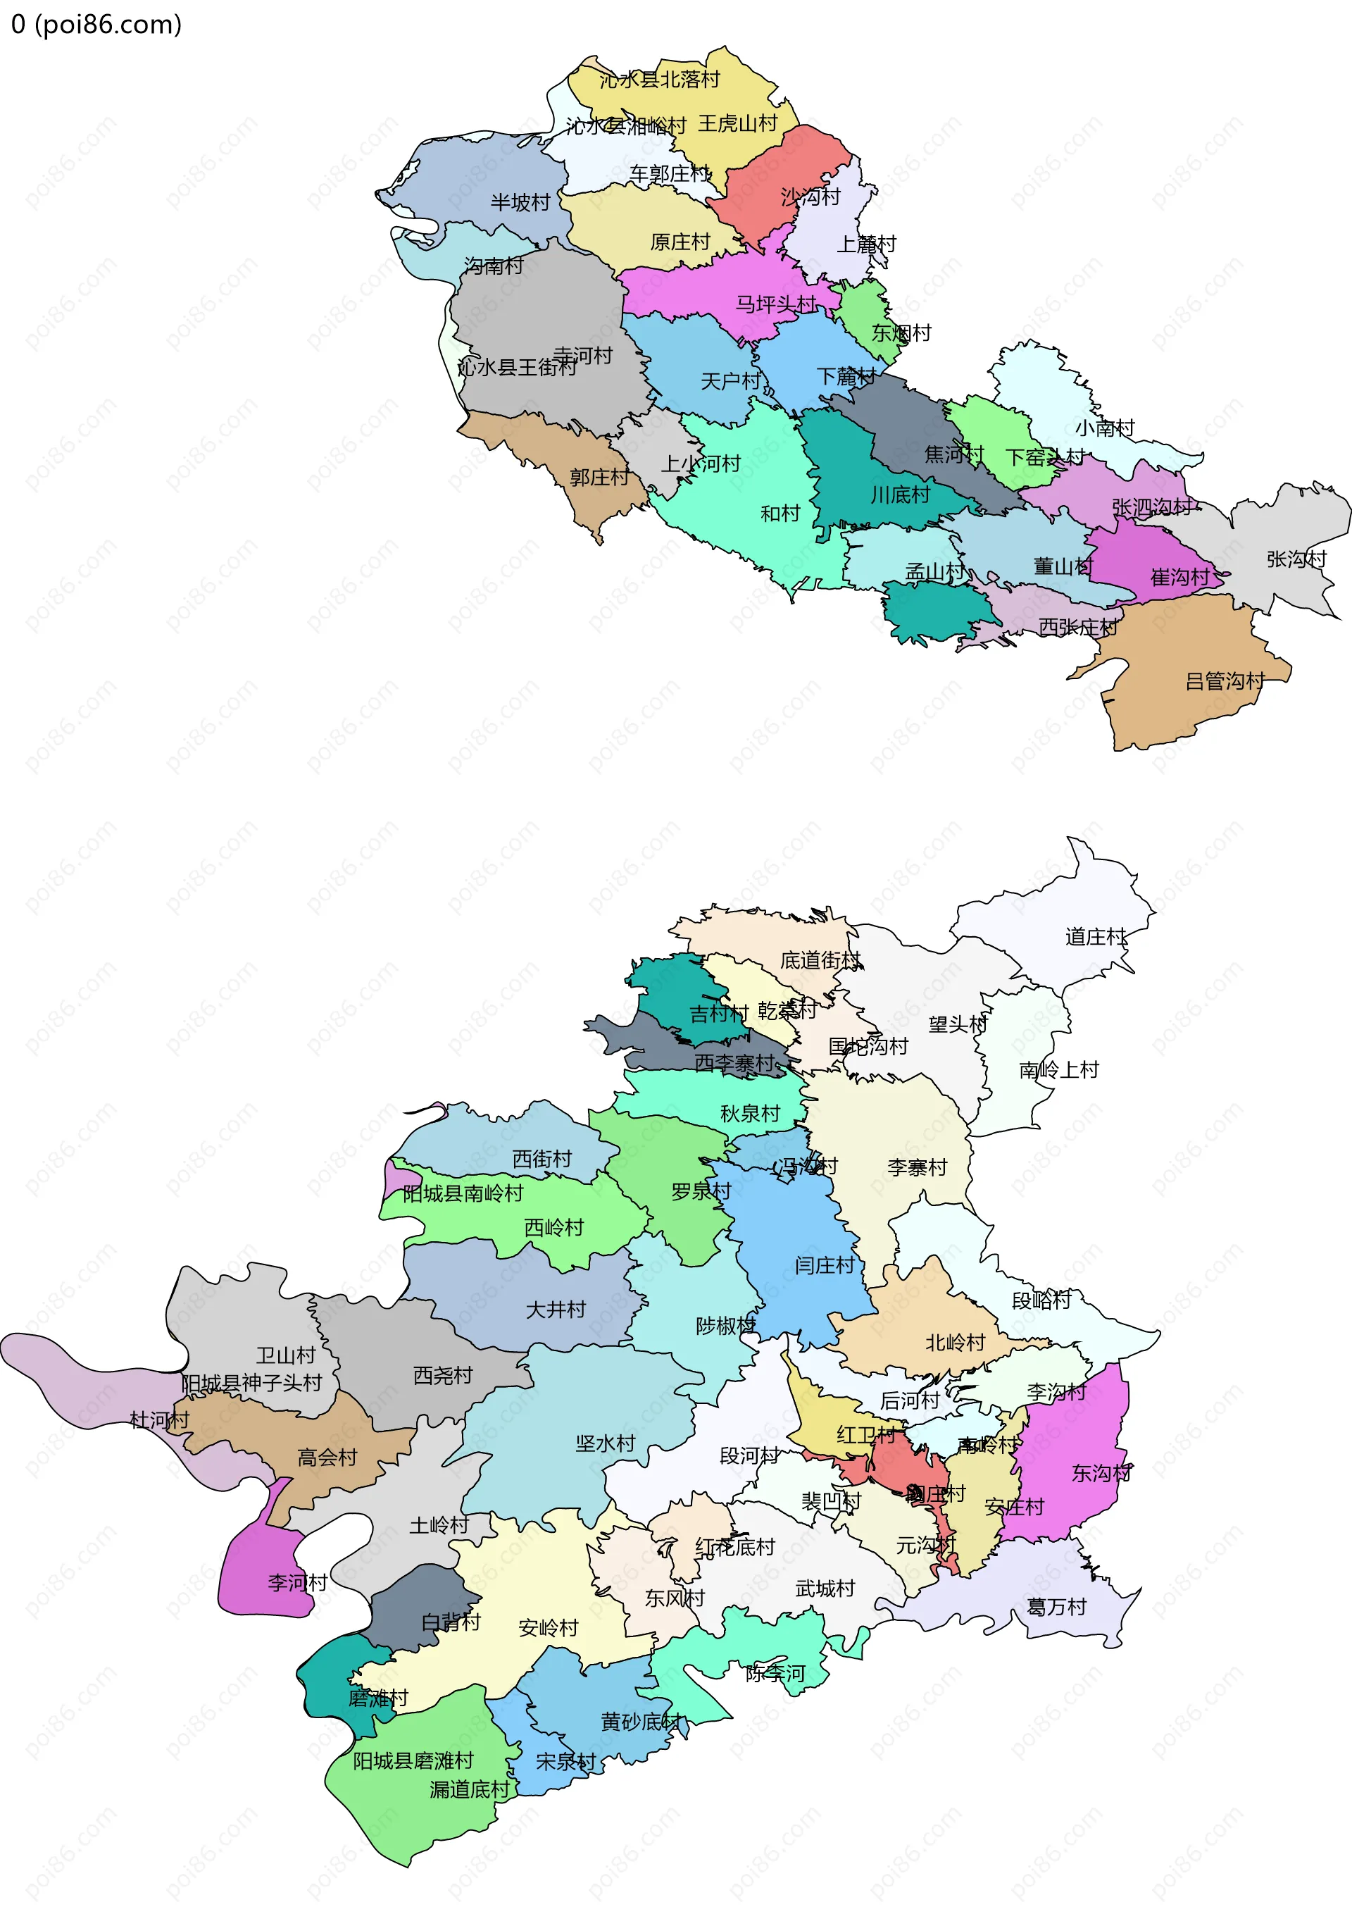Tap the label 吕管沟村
tap(1225, 681)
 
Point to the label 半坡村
tap(520, 203)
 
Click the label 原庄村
tap(680, 242)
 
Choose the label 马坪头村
tap(775, 304)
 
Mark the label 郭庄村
tap(599, 477)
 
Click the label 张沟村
tap(1296, 559)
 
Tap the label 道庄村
tap(1095, 937)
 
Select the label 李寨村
tap(917, 1167)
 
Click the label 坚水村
tap(605, 1443)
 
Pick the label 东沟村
tap(1101, 1473)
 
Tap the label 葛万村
tap(1056, 1606)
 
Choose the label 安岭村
tap(548, 1628)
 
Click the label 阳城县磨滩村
tap(413, 1760)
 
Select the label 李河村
tap(296, 1582)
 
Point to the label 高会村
tap(327, 1458)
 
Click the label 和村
tap(780, 514)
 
